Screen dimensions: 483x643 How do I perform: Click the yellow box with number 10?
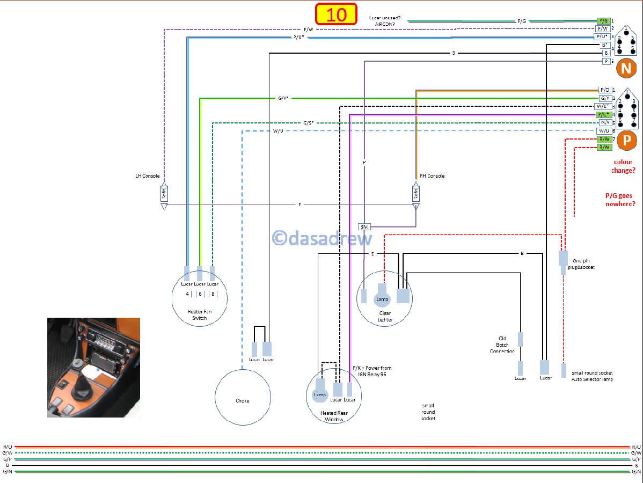(337, 14)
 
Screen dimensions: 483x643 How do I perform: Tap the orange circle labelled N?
(625, 68)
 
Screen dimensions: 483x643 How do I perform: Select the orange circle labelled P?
(625, 140)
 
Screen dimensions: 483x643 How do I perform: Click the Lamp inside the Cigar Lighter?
(382, 298)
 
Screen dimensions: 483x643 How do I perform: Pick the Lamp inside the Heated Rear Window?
(319, 394)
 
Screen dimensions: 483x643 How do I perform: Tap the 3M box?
(363, 227)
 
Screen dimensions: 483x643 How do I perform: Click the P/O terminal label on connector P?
(604, 90)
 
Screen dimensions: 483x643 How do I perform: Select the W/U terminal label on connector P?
(604, 131)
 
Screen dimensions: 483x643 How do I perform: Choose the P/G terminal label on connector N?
(604, 20)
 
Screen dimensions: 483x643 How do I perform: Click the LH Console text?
(147, 176)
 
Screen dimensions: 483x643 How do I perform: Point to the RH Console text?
(432, 176)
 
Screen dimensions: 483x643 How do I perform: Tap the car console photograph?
(93, 367)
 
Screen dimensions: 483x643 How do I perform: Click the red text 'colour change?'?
(623, 166)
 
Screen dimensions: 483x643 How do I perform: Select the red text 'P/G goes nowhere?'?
(620, 200)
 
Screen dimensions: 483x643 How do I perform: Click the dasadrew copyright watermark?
(322, 238)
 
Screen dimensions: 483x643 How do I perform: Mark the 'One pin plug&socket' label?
(584, 264)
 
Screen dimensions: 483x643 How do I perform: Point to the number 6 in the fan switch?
(200, 294)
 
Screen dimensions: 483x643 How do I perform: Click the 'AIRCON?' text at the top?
(385, 24)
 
